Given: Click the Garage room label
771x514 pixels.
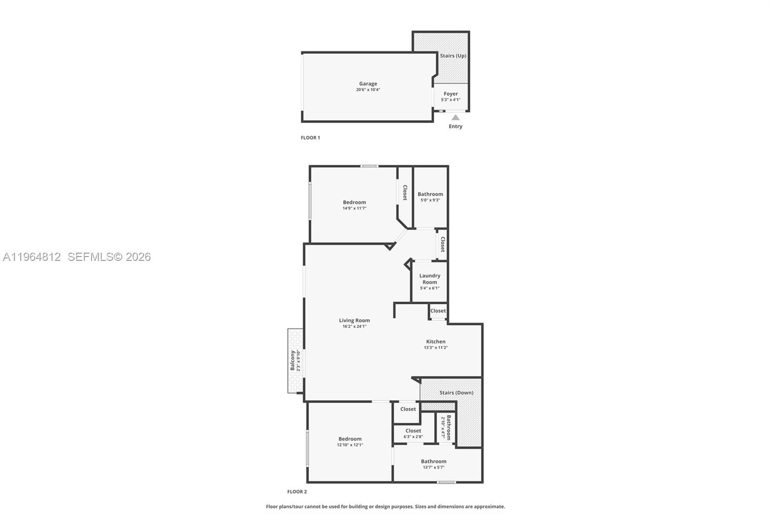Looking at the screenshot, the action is [368, 84].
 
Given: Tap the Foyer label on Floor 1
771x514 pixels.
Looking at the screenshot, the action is [451, 94].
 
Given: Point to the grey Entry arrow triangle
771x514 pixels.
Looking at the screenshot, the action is [455, 118].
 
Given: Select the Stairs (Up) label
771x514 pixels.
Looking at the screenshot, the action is [453, 56].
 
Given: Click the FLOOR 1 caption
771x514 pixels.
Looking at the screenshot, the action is [310, 138].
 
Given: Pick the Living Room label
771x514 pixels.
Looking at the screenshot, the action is [354, 320].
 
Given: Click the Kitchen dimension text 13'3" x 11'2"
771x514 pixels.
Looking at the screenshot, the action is [436, 348].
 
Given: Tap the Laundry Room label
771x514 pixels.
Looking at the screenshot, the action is [429, 279].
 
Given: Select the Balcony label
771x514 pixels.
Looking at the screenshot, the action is [292, 360].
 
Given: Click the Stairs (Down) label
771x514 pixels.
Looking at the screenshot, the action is [456, 393].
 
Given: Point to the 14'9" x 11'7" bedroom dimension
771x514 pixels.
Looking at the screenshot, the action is [354, 208].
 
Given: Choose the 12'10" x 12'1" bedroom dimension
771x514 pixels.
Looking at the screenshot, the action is [350, 445].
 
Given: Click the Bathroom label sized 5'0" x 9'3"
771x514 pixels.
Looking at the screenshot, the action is [430, 194].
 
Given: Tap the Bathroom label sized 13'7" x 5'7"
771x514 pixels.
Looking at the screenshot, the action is [433, 461].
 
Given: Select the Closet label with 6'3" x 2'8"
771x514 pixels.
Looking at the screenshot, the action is [413, 431].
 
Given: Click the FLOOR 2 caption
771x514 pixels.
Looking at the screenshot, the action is [297, 492].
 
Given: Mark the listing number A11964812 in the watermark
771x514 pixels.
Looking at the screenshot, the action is [32, 257].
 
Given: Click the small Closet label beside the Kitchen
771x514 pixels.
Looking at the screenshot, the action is [438, 311].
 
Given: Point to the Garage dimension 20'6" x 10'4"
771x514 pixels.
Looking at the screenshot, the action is [368, 90].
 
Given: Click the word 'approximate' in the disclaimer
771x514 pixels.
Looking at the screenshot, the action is [489, 506].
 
